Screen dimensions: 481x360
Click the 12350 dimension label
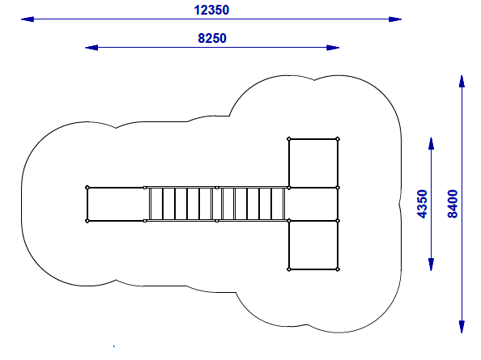click(211, 10)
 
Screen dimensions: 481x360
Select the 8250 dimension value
click(212, 38)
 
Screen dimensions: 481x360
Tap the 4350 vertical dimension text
click(422, 204)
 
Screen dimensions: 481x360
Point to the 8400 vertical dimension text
click(453, 204)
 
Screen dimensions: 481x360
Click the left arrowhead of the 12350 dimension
click(28, 19)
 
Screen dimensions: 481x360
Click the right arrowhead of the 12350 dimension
click(395, 19)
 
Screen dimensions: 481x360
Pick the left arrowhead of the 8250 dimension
click(92, 48)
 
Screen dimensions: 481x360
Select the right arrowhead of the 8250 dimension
click(333, 48)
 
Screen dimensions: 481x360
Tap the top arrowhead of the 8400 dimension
click(462, 81)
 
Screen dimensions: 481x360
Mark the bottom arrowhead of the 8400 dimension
click(462, 327)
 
